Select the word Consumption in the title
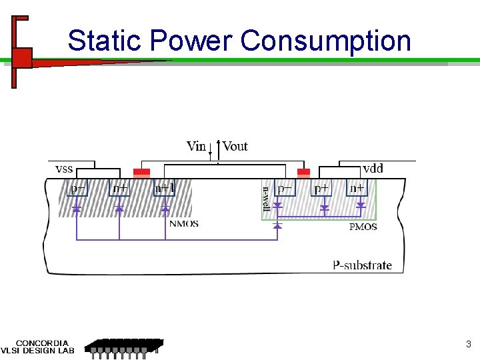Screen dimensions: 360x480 (x=326, y=41)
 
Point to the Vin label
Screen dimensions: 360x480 (x=196, y=146)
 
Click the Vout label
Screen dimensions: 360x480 (x=235, y=146)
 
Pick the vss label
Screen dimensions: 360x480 (x=63, y=169)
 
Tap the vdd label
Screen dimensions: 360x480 (x=373, y=169)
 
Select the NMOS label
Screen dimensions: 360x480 (x=184, y=224)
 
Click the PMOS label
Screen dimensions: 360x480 (x=363, y=227)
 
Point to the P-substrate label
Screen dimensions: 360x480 (x=362, y=265)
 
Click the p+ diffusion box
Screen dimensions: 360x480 (x=322, y=189)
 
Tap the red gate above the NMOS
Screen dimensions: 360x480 (x=141, y=173)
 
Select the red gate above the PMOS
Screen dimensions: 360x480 (x=303, y=173)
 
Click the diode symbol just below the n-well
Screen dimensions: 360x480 (x=277, y=226)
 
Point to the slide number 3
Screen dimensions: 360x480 (x=468, y=345)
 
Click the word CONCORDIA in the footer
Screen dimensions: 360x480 (x=41, y=343)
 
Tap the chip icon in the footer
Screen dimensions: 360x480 (x=125, y=346)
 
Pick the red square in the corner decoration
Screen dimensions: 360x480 (x=23, y=58)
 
